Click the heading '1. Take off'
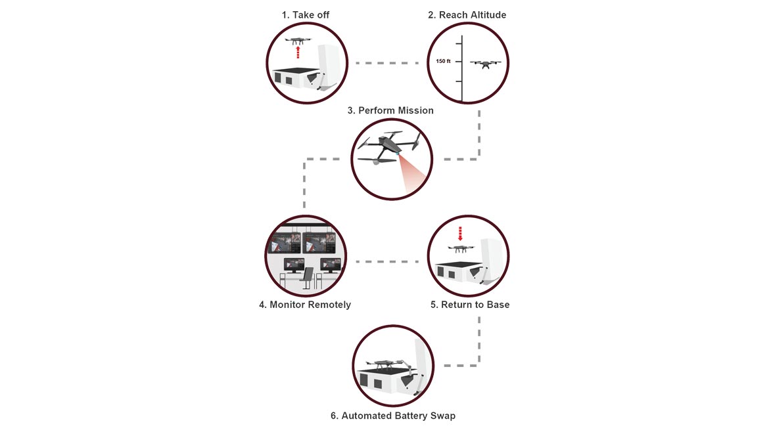pos(306,15)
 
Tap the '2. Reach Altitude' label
pos(467,15)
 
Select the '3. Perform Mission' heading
pos(390,111)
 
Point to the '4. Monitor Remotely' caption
pos(305,305)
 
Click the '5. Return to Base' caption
pos(470,305)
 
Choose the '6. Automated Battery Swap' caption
pos(393,416)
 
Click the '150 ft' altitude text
pos(443,61)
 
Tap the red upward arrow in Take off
pos(297,52)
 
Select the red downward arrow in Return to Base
pos(460,234)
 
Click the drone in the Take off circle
pos(298,41)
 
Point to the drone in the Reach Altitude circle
pos(486,64)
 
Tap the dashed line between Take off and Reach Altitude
pos(387,63)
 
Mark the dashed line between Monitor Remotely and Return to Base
pos(387,261)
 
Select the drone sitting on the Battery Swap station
pos(383,364)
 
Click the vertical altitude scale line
pos(462,68)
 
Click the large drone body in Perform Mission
pos(389,146)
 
